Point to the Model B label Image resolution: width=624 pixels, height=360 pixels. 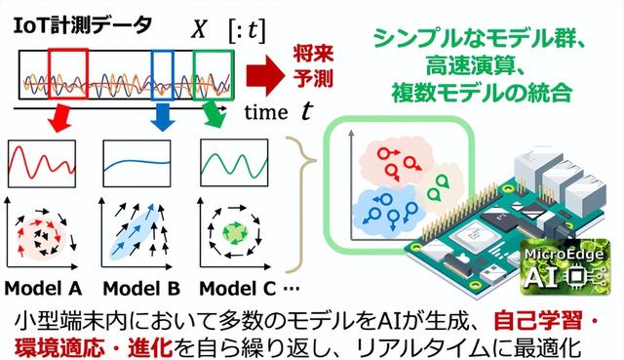pos(139,288)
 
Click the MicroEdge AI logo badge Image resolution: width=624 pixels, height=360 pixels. pos(568,271)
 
